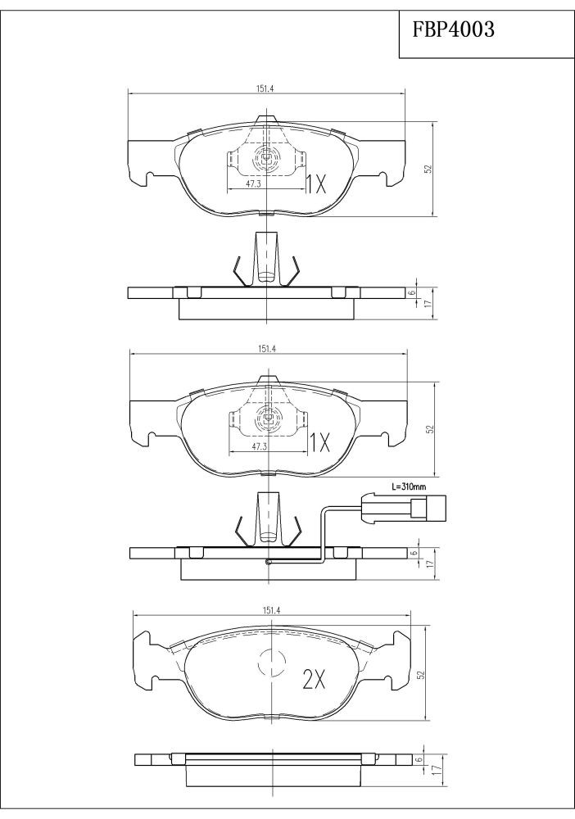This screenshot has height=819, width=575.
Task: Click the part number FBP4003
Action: [x=453, y=29]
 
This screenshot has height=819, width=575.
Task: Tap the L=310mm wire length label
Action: [x=409, y=486]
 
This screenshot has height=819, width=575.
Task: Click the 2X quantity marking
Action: [x=315, y=679]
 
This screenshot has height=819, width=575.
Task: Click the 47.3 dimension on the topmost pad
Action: [x=253, y=183]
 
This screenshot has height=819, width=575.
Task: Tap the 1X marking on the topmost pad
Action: [x=315, y=183]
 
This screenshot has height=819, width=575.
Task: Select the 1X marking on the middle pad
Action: [x=319, y=443]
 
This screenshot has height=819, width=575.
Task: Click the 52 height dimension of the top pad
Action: [x=428, y=170]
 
